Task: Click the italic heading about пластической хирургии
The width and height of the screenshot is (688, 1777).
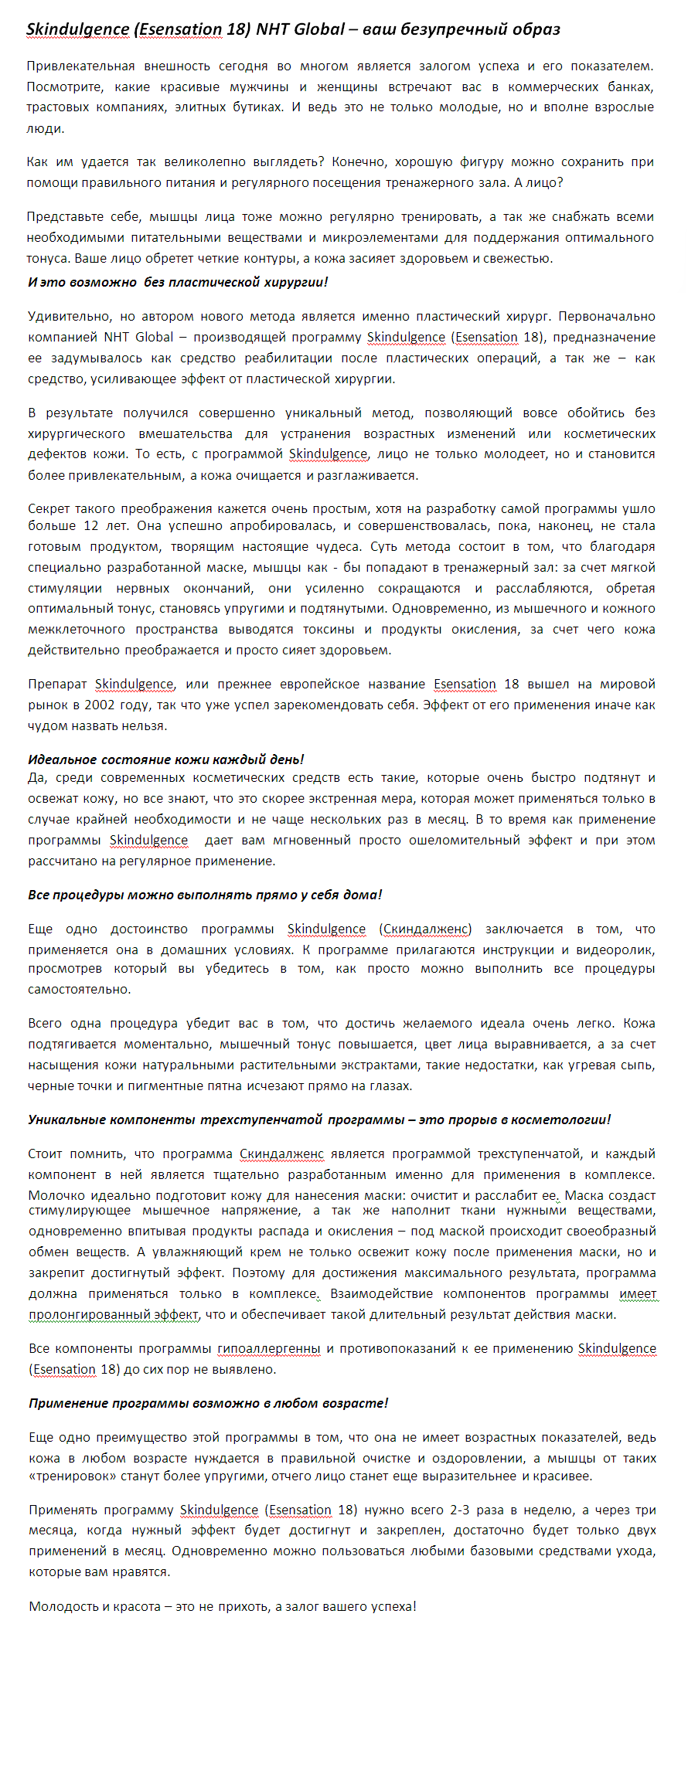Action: pos(178,282)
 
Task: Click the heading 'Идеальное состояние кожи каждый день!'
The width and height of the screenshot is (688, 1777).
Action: pos(165,759)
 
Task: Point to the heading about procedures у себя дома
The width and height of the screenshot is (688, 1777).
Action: pos(205,895)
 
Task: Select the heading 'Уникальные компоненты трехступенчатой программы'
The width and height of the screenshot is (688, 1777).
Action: pos(318,1120)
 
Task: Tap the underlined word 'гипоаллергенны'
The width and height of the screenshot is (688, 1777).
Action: pos(269,1348)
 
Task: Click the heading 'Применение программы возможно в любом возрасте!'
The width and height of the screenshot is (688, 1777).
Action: pos(208,1403)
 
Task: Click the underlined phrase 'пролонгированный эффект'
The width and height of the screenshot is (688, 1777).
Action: pos(114,1314)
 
